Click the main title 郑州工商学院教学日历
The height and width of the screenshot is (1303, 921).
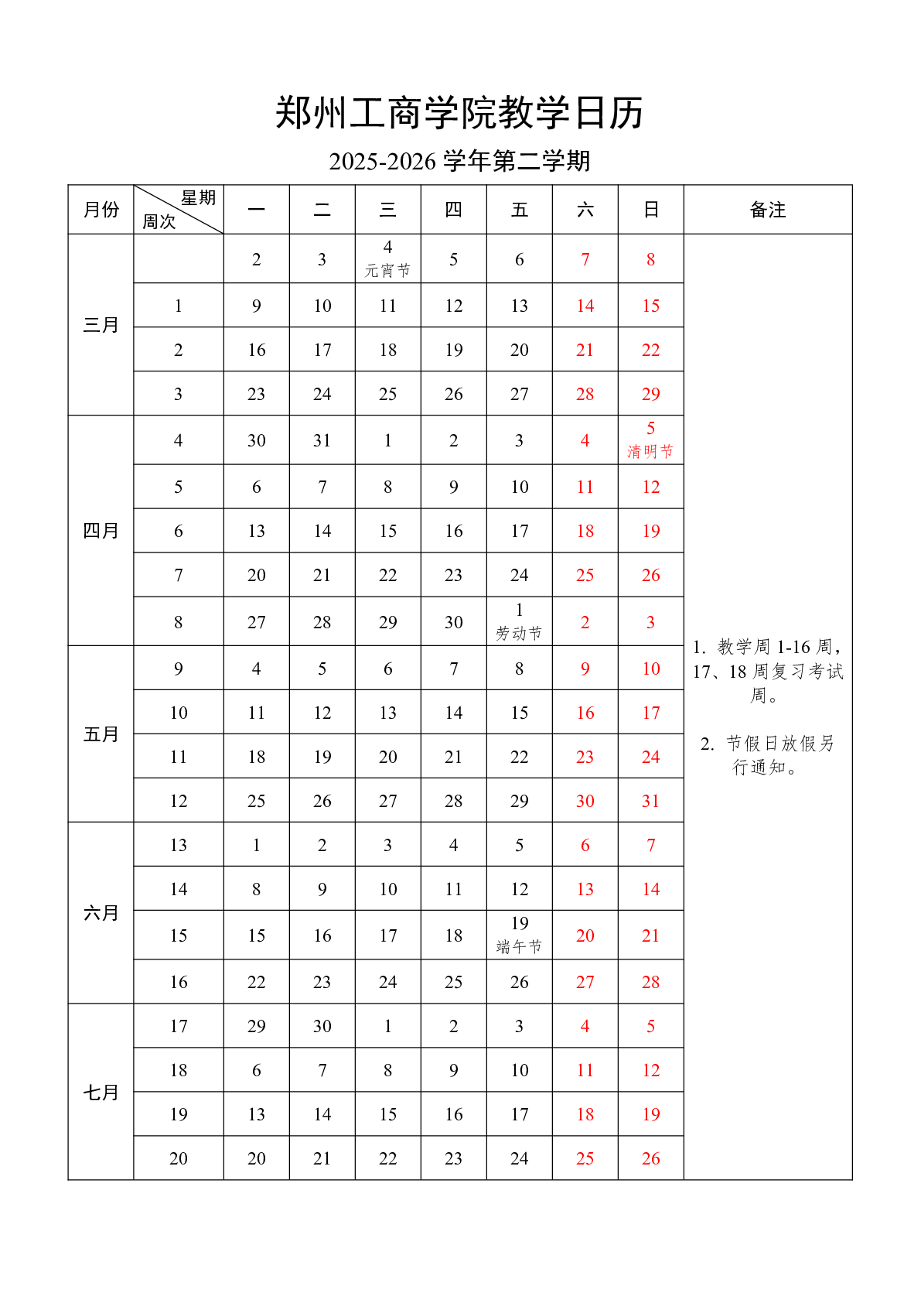point(459,113)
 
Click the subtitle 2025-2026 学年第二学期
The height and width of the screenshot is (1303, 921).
point(459,161)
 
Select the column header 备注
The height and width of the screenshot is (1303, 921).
point(767,210)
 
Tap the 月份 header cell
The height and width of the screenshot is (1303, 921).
point(101,210)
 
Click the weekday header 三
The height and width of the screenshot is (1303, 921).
point(387,210)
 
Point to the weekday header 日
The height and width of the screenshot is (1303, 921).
point(650,210)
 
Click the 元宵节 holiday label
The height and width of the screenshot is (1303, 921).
point(387,270)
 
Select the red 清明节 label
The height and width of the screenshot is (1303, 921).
point(650,451)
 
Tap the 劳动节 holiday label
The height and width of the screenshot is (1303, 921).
point(519,633)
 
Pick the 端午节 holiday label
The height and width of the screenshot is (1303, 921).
point(519,946)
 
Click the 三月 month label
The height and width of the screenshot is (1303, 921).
point(101,325)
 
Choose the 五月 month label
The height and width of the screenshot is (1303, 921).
point(101,734)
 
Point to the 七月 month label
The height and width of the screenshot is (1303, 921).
point(101,1092)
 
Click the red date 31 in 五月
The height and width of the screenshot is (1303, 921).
point(650,801)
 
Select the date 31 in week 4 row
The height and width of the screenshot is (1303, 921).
point(322,440)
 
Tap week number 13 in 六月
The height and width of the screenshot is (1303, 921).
point(179,845)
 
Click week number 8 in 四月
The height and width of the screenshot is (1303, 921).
point(179,622)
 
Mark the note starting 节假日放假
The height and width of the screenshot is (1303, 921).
point(767,754)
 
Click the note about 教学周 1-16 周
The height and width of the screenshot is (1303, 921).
point(767,670)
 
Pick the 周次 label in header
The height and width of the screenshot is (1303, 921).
point(159,222)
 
